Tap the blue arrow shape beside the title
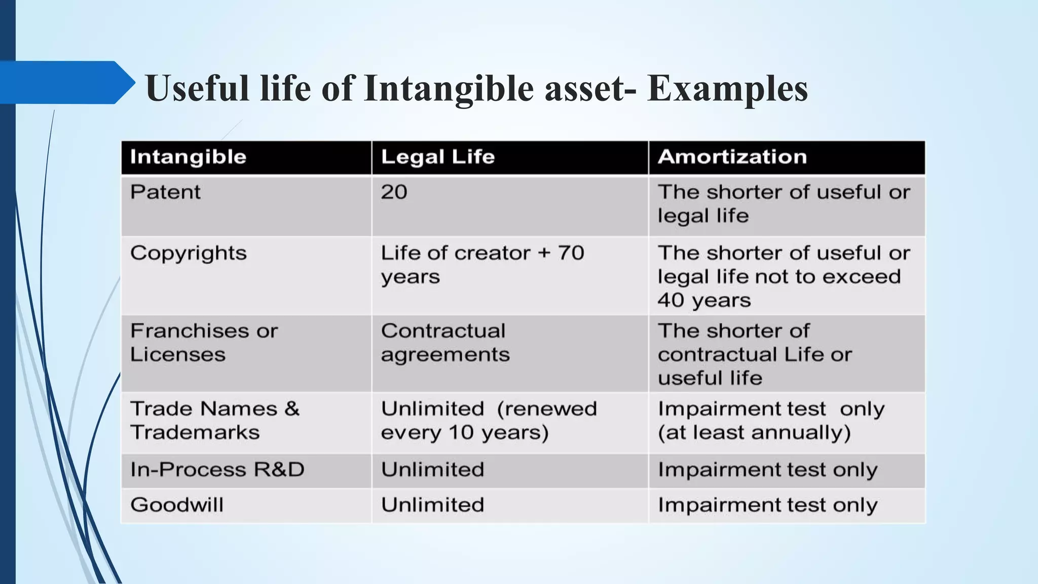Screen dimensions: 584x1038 [66, 83]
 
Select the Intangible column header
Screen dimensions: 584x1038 [188, 157]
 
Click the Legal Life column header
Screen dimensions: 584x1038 [437, 157]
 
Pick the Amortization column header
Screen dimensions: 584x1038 [732, 157]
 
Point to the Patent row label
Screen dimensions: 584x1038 [165, 192]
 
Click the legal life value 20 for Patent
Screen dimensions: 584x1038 [394, 192]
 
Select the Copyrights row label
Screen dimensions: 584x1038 [188, 253]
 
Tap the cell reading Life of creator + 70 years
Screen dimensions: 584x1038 [482, 265]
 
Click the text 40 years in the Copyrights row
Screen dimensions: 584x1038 [704, 300]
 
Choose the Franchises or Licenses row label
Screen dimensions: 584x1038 [204, 343]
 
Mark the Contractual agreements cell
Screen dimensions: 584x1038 [444, 343]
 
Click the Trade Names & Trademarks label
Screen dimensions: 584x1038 [214, 420]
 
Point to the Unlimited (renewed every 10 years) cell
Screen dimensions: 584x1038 [489, 420]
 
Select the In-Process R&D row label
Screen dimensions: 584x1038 [217, 469]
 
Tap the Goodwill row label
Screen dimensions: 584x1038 [176, 505]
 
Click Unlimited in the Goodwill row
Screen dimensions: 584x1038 [432, 505]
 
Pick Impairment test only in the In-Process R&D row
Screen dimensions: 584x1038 [767, 470]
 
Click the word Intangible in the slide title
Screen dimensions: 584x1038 [449, 88]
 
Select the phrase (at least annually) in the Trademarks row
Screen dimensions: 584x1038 [754, 432]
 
